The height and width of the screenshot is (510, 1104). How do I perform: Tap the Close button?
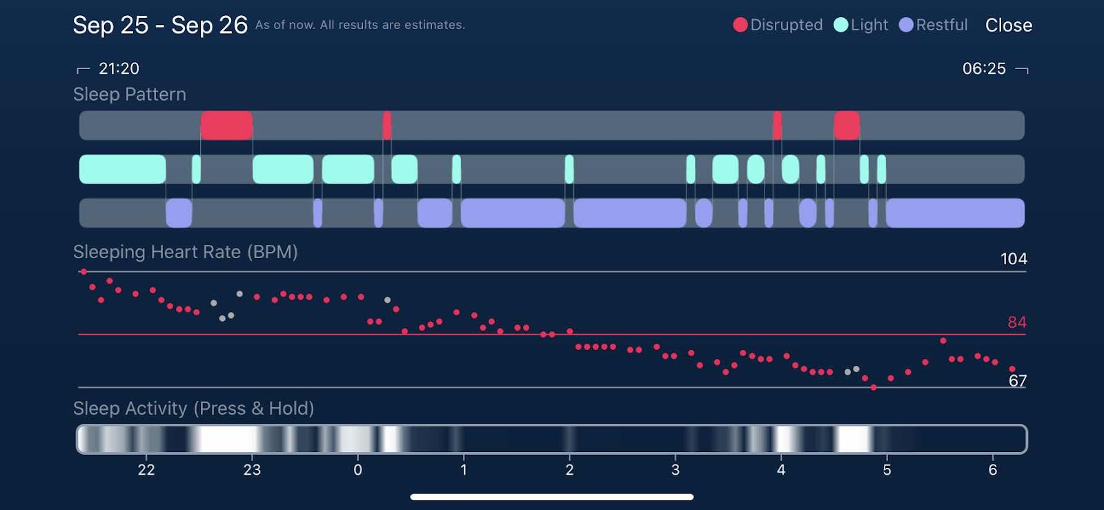1008,26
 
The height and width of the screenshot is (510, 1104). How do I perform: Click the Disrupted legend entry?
778,26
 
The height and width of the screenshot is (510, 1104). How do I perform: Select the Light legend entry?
861,26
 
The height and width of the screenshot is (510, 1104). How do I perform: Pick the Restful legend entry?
934,26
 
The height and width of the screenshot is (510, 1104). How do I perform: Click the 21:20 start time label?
119,68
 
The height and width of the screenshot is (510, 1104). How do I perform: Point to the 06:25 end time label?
984,68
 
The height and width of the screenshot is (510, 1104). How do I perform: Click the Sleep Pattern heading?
130,95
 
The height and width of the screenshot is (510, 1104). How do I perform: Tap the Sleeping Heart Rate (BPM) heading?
186,252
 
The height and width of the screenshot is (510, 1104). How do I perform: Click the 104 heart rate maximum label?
1014,259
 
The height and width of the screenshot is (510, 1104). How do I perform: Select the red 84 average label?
1016,322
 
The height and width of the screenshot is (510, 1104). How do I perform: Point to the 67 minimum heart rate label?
1017,381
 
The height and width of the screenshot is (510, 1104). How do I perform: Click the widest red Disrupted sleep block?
226,126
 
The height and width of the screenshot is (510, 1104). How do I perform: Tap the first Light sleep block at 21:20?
122,169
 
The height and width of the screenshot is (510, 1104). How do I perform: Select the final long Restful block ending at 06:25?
954,213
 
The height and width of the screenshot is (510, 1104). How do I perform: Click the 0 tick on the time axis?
357,470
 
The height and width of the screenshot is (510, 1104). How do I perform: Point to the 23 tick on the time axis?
252,470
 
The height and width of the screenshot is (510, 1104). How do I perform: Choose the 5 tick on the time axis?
887,470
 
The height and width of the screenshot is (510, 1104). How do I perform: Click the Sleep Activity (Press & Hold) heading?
193,409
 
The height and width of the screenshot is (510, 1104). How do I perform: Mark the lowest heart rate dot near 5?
874,388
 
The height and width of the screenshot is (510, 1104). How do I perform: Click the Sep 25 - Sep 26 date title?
160,26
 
